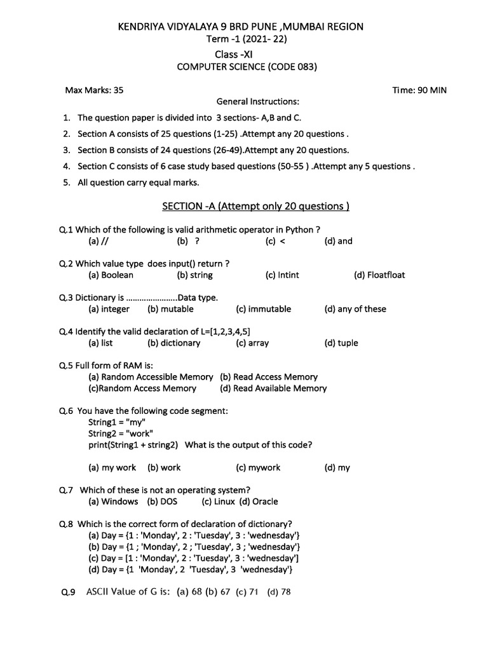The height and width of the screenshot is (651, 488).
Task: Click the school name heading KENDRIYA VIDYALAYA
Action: pos(241,27)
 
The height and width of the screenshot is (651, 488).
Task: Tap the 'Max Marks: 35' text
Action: pos(95,90)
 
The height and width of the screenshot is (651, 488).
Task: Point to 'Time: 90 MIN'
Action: pos(419,90)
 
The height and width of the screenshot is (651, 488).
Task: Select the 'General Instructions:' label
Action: pos(258,102)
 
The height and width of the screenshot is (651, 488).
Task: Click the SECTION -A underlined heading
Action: pos(255,206)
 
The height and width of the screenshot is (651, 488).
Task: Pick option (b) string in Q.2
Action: pos(194,275)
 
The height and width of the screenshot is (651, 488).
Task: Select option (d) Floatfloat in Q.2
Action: pos(379,275)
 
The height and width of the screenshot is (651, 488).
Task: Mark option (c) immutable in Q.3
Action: pos(263,309)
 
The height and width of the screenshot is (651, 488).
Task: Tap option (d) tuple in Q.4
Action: pos(341,343)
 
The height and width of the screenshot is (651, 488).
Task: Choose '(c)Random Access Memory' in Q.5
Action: pos(142,388)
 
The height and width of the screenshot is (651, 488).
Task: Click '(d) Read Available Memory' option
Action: pos(273,388)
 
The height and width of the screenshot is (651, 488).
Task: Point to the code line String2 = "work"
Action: pos(121,434)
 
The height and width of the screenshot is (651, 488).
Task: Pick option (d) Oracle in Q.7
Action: pos(259,502)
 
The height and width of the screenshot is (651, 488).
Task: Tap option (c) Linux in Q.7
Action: pos(219,502)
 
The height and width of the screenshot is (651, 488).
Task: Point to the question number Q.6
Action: pos(66,411)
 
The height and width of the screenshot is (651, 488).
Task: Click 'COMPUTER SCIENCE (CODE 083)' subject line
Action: pos(247,67)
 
